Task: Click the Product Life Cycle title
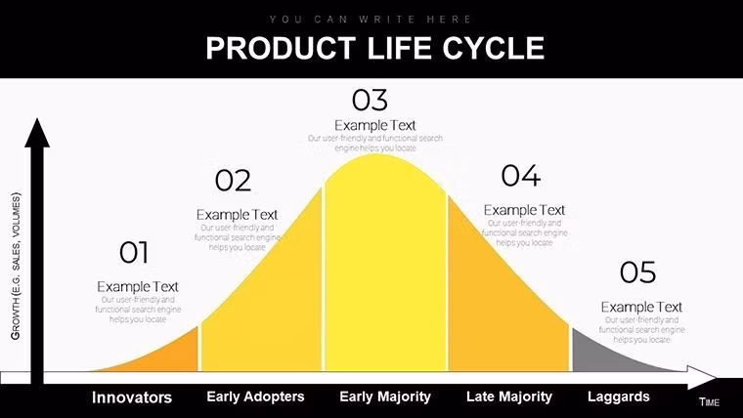tap(374, 48)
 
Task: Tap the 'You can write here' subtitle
tap(371, 19)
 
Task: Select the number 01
tap(134, 253)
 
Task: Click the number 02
tap(233, 181)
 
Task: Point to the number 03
tap(370, 100)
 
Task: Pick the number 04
tap(520, 176)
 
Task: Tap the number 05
tap(637, 272)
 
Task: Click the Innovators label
tap(132, 397)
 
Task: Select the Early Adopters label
tap(255, 397)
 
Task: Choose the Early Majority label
tap(385, 397)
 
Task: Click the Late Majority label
tap(508, 397)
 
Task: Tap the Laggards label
tap(618, 397)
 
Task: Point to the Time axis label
tap(709, 402)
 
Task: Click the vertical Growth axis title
tap(16, 265)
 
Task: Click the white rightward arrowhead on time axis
tap(703, 377)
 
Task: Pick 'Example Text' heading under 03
tap(375, 125)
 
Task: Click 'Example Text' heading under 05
tap(641, 307)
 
